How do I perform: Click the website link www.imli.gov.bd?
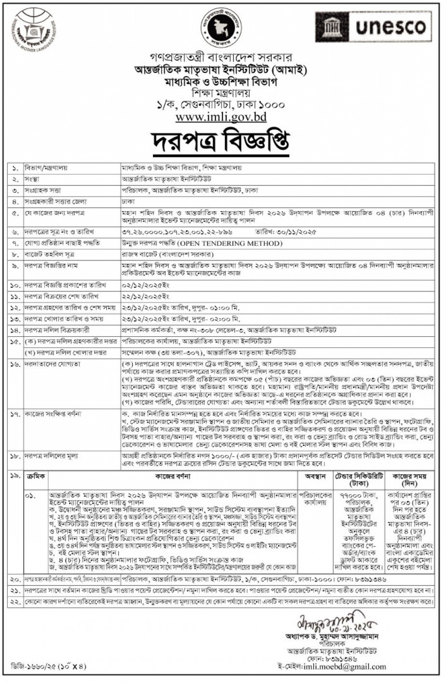221,117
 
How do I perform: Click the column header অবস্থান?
316,476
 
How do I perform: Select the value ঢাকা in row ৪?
127,201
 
